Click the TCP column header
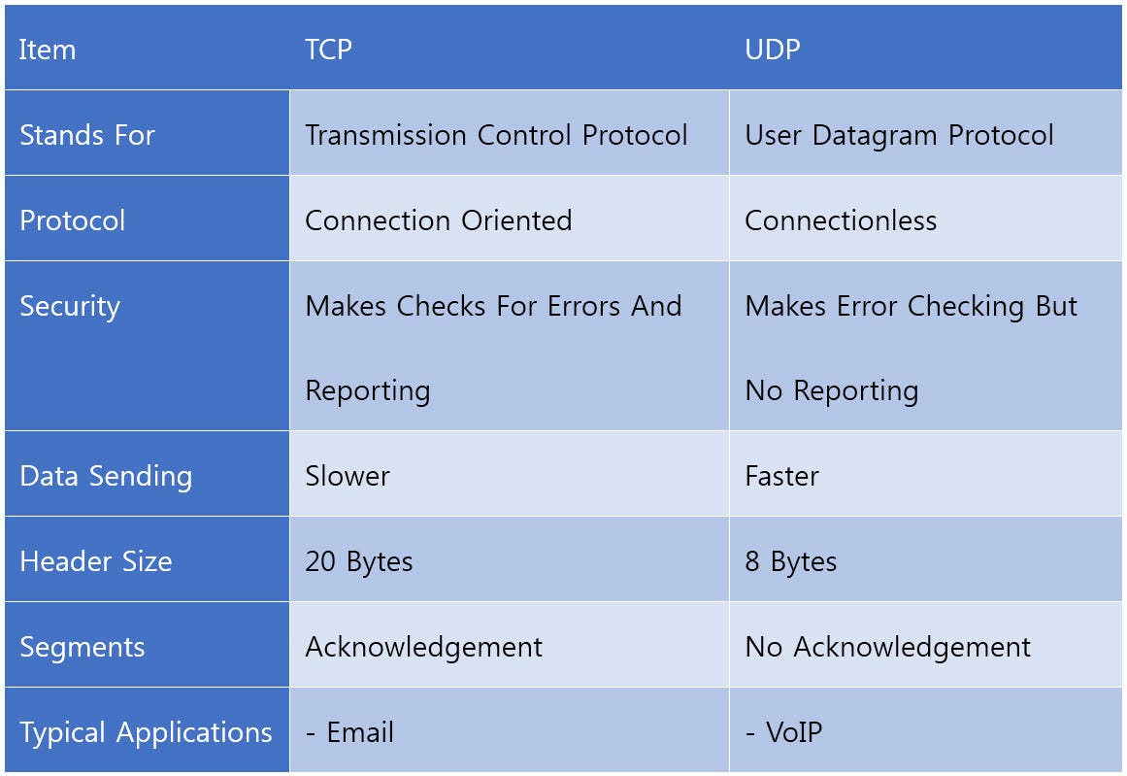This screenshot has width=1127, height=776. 328,50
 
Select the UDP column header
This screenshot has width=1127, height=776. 772,50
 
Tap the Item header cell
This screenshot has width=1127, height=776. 47,50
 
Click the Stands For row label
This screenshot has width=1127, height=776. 86,135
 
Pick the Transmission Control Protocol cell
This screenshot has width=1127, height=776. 496,135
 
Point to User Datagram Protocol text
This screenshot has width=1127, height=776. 899,135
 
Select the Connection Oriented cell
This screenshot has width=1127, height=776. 438,220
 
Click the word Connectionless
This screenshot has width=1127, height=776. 841,220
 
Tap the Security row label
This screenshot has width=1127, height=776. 70,306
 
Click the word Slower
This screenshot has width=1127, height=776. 348,476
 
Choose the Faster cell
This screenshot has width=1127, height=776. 781,476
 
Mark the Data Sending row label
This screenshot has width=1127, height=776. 106,476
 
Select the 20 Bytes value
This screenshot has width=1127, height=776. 359,561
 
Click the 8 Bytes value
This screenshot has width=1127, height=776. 790,561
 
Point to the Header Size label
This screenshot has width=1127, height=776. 95,561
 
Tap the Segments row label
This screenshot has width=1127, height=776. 82,647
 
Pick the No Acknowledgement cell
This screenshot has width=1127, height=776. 887,647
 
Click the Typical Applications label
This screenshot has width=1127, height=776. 146,732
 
